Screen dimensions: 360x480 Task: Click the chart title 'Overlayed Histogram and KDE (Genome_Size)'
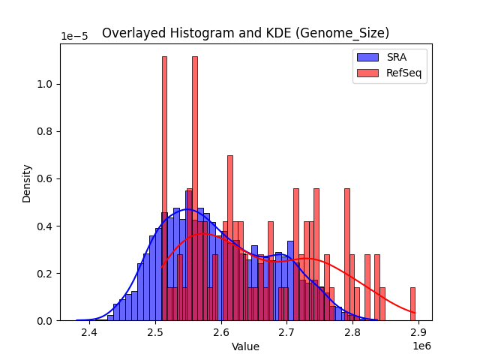pos(245,33)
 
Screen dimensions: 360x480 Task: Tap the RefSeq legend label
pos(401,73)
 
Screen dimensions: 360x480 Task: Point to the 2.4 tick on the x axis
pos(89,332)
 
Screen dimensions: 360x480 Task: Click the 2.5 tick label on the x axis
pos(155,332)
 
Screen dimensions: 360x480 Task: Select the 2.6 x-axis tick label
pos(221,332)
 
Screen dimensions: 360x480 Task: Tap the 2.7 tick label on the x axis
pos(287,332)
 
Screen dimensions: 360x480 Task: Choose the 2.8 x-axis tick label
pos(352,332)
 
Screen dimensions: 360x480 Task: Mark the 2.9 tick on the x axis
pos(418,332)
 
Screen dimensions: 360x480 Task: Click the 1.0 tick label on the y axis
pos(45,84)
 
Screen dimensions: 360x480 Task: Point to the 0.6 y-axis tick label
pos(45,178)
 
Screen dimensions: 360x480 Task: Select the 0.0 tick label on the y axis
pos(45,321)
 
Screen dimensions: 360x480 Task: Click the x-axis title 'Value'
pos(245,346)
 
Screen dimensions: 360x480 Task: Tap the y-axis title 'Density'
pos(27,182)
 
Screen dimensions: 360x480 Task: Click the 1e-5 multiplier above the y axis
pos(73,36)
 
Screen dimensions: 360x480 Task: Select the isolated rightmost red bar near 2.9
pos(412,304)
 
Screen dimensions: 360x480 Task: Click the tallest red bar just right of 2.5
pos(164,187)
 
